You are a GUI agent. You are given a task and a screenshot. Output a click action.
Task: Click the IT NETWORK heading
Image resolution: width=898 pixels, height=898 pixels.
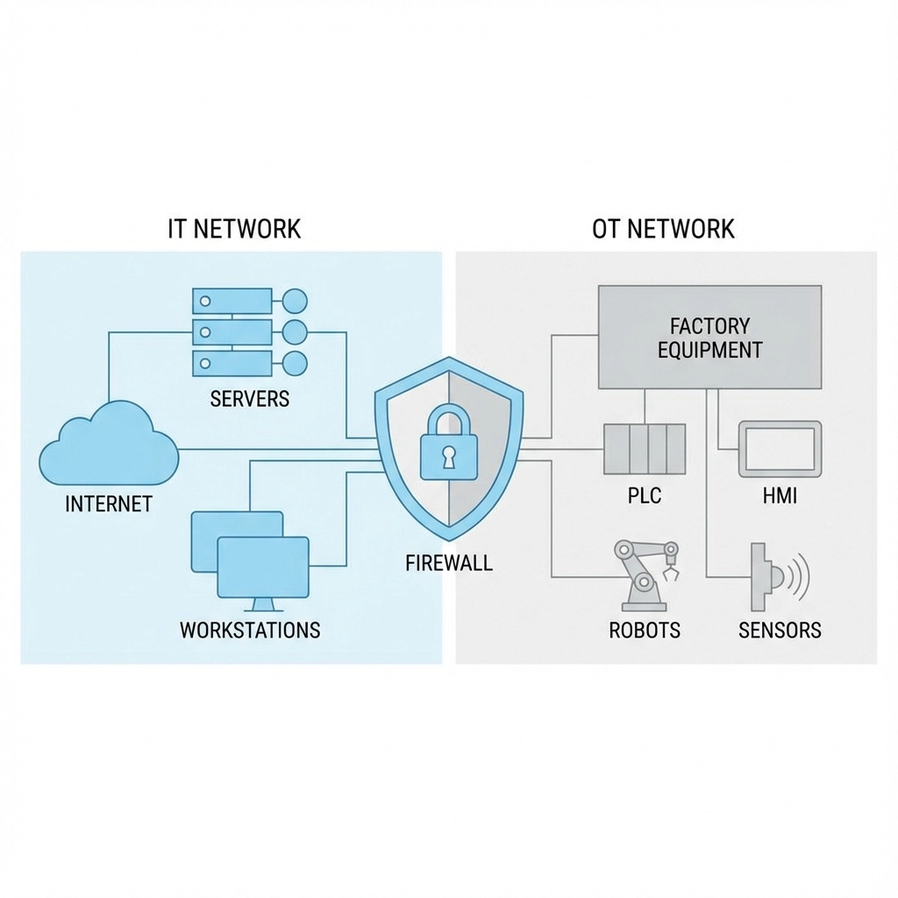234,229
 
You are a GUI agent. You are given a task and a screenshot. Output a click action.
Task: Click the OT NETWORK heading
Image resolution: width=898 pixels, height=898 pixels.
663,229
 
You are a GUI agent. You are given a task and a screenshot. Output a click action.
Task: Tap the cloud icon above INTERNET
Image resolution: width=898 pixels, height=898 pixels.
109,445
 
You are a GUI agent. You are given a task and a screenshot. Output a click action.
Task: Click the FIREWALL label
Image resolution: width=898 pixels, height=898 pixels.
449,562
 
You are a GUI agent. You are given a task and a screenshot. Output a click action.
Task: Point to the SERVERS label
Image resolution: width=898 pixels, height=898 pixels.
250,399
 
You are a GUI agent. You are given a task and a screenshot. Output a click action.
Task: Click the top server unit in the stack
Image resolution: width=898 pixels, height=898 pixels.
232,301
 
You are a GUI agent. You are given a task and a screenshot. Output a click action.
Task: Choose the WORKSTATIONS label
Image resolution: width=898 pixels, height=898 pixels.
250,630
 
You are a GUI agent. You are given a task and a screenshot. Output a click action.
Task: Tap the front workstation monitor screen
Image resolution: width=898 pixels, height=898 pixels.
263,566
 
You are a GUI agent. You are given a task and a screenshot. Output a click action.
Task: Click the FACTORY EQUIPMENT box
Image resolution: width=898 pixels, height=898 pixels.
709,337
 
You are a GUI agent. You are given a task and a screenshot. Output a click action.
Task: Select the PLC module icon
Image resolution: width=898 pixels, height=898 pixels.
645,448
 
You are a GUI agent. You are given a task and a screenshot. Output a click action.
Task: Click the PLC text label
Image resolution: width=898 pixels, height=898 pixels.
645,495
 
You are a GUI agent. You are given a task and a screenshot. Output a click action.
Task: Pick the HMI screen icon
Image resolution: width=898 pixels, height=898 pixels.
780,448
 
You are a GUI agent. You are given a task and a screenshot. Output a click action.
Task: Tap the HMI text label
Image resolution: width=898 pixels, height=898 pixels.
780,495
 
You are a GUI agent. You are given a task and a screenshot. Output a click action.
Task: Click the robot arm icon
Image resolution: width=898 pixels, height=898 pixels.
645,574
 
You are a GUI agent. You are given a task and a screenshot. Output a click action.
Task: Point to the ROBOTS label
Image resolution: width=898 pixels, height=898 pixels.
645,630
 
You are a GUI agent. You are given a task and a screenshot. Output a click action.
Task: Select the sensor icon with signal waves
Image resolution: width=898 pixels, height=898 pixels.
776,576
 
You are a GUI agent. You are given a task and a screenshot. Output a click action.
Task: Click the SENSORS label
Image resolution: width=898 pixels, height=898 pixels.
780,630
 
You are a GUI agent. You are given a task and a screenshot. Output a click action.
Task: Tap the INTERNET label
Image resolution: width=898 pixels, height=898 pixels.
109,504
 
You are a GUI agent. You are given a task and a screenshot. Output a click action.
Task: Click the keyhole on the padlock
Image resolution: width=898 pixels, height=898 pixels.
448,456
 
